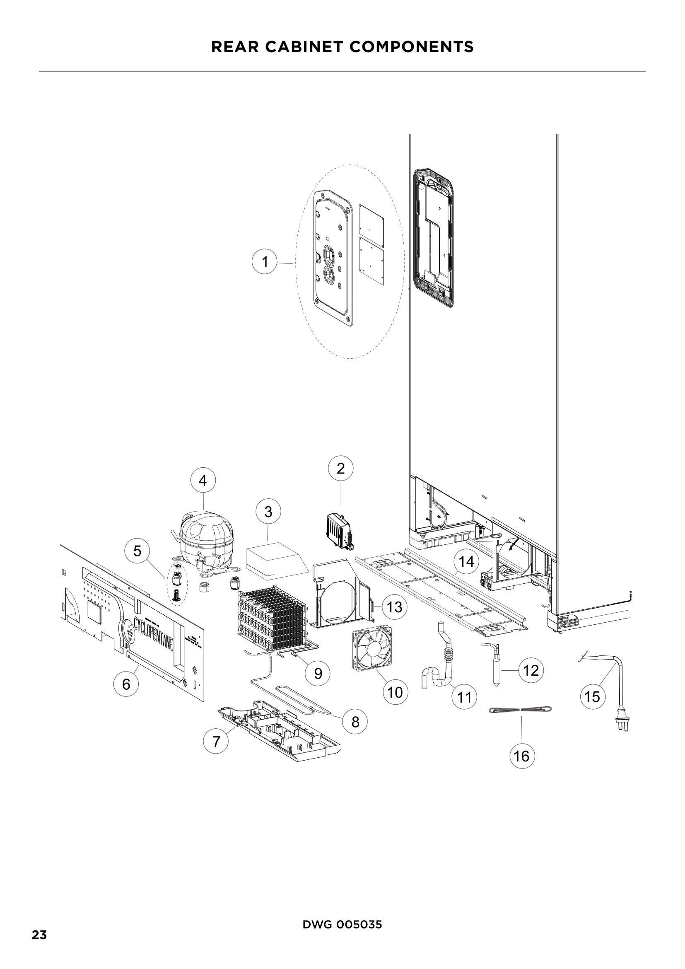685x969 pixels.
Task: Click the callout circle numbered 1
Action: (265, 262)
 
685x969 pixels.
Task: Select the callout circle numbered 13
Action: (394, 607)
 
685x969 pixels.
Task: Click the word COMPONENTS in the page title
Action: (411, 47)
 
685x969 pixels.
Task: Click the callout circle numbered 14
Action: (466, 562)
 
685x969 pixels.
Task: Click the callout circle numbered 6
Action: (126, 684)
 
